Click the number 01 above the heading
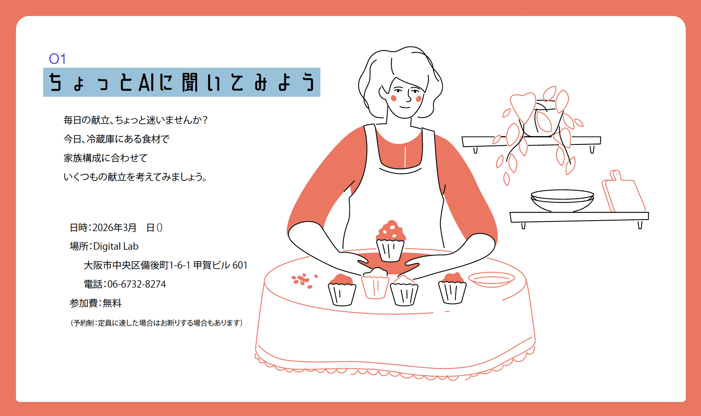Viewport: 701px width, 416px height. click(57, 59)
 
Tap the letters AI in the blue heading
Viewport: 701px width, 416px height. click(146, 82)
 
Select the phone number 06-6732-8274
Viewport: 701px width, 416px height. click(136, 284)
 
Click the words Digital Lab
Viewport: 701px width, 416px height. click(116, 246)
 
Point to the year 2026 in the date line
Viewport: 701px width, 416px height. click(103, 228)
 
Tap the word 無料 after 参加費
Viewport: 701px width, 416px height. click(112, 303)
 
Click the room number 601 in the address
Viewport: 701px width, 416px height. click(240, 265)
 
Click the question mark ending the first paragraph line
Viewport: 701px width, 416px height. click(205, 120)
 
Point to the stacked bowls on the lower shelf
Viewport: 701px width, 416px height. click(562, 200)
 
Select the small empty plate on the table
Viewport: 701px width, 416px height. click(491, 279)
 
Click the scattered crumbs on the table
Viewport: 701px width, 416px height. click(304, 280)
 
